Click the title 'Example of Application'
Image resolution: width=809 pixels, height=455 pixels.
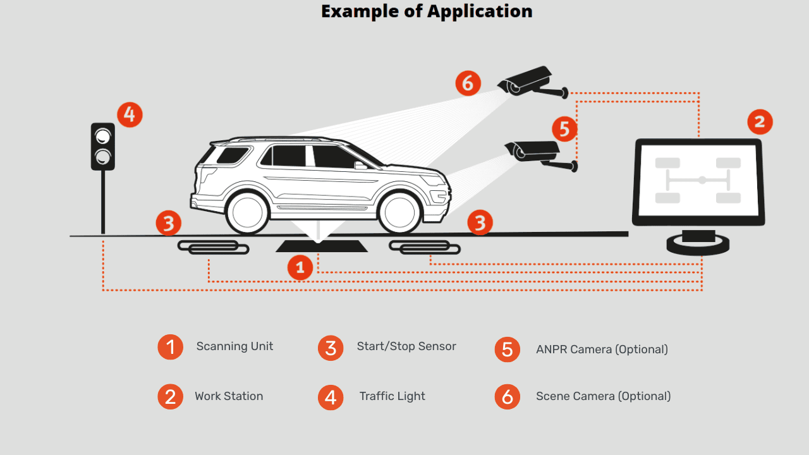[x=427, y=11]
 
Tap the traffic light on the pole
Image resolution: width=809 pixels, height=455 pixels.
[x=103, y=147]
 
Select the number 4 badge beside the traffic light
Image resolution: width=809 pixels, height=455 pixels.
[x=130, y=114]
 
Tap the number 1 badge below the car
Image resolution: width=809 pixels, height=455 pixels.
[x=300, y=267]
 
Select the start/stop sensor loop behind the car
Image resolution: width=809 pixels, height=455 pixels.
[x=213, y=247]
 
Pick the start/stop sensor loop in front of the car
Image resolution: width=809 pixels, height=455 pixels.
[x=424, y=247]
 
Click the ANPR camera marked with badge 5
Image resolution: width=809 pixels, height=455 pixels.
[x=537, y=154]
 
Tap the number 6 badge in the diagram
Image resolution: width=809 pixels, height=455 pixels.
[x=468, y=83]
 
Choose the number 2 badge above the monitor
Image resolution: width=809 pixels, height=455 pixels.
[x=760, y=121]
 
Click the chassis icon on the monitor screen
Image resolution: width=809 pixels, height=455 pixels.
[x=698, y=180]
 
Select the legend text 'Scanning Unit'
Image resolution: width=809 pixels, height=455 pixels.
[x=234, y=346]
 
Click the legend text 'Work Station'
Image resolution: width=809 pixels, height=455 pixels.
[x=229, y=396]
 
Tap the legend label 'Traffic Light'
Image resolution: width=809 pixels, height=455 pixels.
[x=392, y=396]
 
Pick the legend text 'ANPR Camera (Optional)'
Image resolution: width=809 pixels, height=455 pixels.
[x=602, y=349]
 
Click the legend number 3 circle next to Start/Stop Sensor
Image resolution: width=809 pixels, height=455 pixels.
[x=331, y=348]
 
